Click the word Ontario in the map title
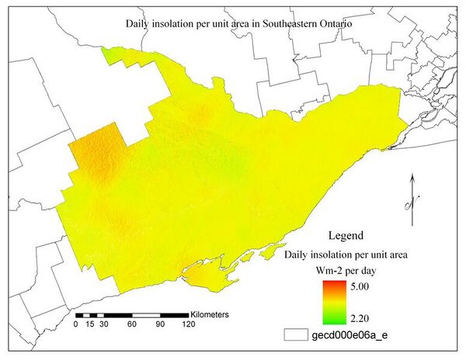(335, 23)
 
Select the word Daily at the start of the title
(138, 23)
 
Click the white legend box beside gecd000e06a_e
(297, 335)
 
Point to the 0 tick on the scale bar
(75, 325)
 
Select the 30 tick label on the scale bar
(102, 325)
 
